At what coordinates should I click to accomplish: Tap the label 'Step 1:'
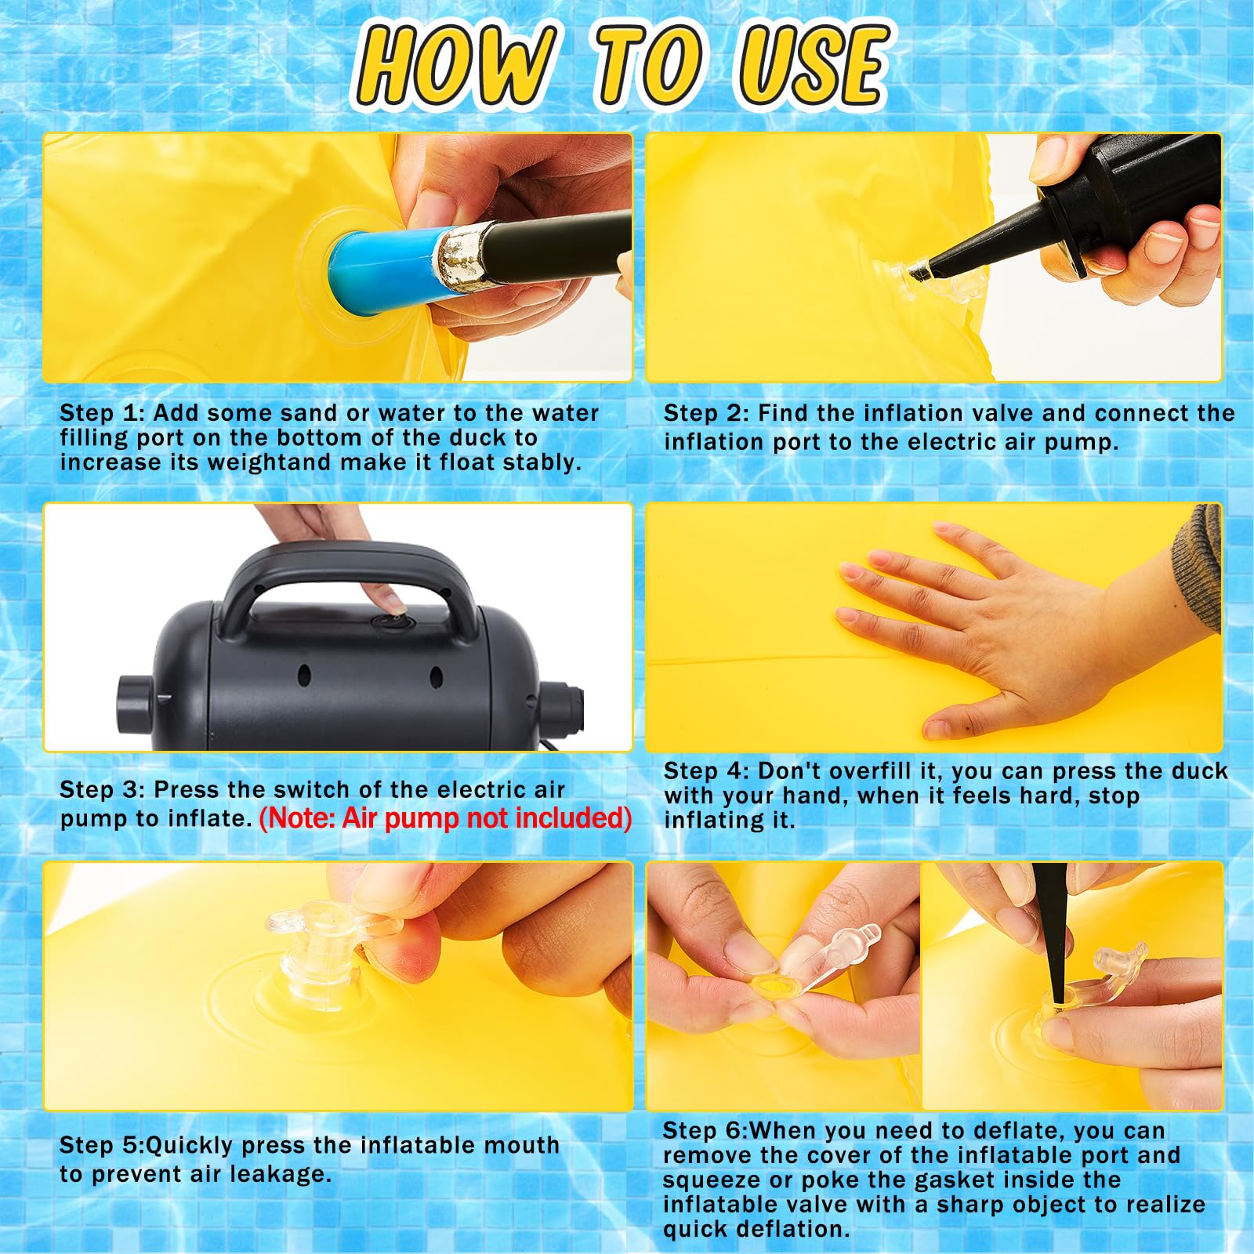click(103, 413)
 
